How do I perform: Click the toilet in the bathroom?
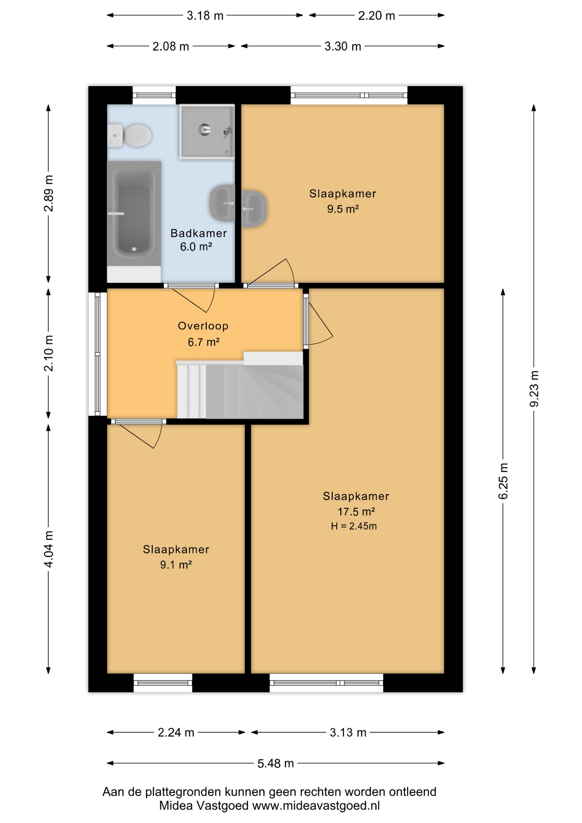[129, 135]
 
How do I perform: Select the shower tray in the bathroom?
[207, 132]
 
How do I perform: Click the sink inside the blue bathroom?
[222, 203]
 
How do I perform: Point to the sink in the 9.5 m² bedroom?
[254, 208]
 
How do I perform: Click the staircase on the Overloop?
[240, 386]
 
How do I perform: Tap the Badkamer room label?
[198, 233]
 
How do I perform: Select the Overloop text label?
[203, 326]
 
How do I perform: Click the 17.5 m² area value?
[356, 511]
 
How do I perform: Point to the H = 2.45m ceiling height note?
[354, 526]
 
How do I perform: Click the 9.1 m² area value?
[176, 565]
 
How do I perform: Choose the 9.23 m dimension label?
[534, 389]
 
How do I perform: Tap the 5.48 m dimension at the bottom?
[276, 763]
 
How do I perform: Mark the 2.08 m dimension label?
[171, 46]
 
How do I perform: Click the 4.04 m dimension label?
[49, 549]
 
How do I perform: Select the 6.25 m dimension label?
[503, 481]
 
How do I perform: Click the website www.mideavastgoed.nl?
[316, 805]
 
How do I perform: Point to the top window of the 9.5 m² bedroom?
[349, 95]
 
